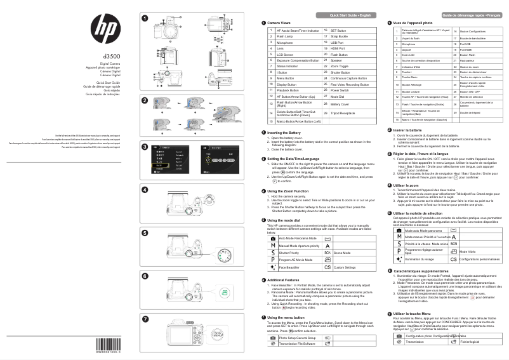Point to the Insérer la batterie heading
(x=410, y=130)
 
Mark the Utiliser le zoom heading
(x=407, y=185)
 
